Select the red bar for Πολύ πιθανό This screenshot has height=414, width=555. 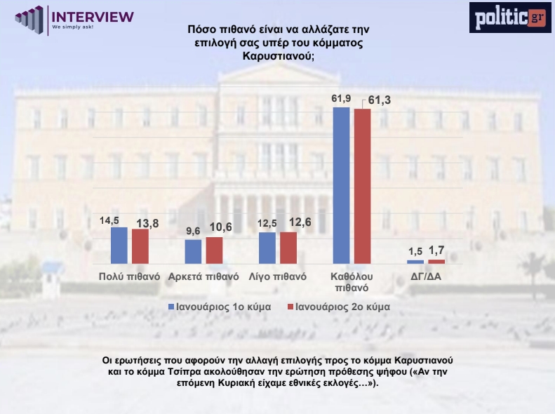click(x=140, y=246)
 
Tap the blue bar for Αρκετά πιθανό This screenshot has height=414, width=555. click(x=193, y=251)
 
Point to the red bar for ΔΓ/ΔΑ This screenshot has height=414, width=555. click(x=436, y=261)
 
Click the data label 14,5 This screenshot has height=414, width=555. click(x=109, y=220)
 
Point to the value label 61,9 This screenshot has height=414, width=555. click(x=340, y=98)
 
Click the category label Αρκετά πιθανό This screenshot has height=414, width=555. click(x=205, y=276)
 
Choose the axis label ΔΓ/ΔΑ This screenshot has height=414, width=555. click(x=426, y=276)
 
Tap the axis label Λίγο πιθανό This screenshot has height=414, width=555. click(x=278, y=276)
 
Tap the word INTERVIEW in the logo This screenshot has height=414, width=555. click(x=93, y=15)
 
